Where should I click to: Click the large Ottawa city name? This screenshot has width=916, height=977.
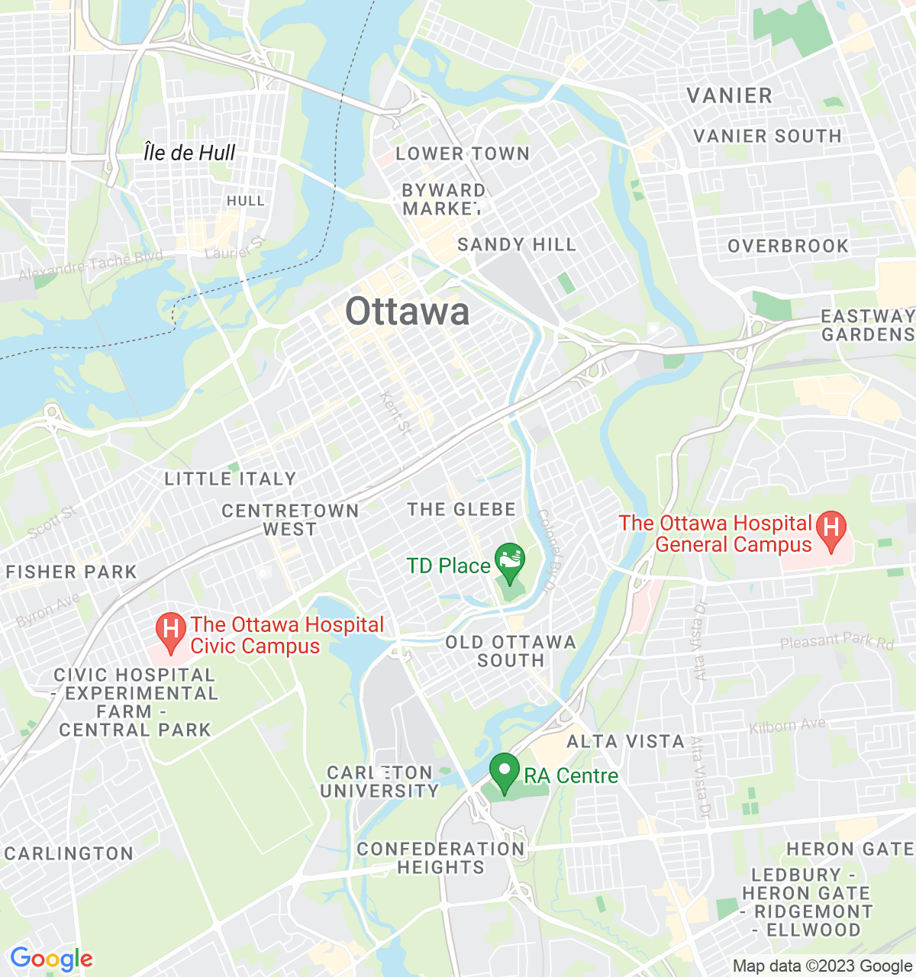click(407, 311)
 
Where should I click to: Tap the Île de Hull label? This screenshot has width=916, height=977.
click(189, 153)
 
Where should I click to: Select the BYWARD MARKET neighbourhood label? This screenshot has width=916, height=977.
click(443, 199)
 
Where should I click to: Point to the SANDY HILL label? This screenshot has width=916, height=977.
click(517, 244)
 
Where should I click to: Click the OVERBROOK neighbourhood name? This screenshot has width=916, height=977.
click(788, 246)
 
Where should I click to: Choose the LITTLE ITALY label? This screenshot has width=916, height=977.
click(231, 479)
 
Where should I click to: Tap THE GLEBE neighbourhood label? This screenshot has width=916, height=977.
click(461, 509)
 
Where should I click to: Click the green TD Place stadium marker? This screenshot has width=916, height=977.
click(510, 562)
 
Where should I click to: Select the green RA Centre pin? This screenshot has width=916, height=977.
click(504, 772)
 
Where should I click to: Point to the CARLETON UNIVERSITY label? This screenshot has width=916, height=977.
click(379, 782)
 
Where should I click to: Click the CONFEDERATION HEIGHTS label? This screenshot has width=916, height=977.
click(440, 858)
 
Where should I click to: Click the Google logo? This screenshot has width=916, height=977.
click(51, 959)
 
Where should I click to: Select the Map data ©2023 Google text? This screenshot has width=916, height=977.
click(822, 966)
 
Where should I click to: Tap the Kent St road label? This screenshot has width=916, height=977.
click(396, 413)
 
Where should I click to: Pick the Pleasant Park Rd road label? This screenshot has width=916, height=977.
click(837, 642)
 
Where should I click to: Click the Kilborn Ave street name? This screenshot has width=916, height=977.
click(787, 725)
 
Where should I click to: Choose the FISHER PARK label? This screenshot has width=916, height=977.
click(71, 572)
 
